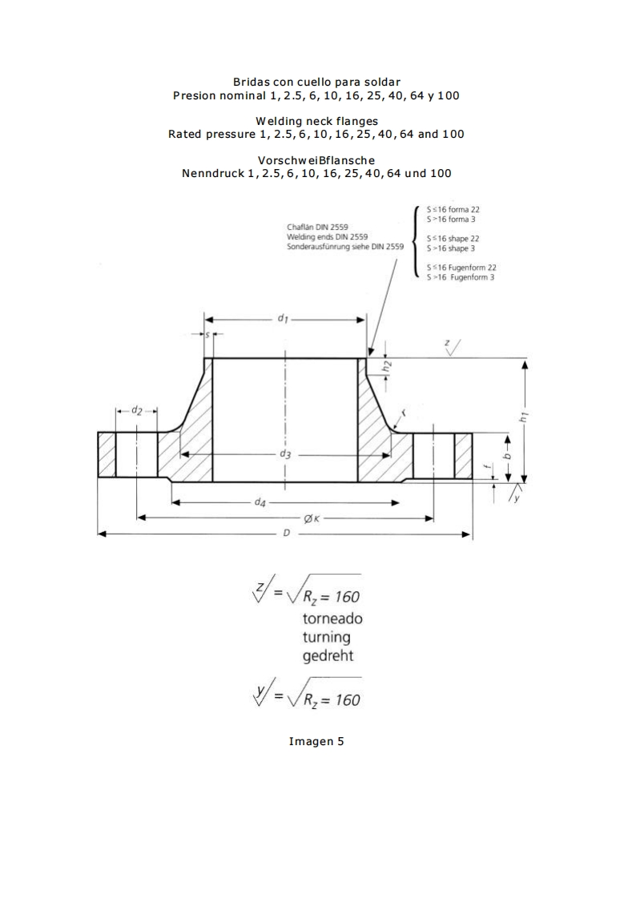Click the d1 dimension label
[x=283, y=319]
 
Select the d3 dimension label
[x=285, y=454]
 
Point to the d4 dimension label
[x=260, y=503]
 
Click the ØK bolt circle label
[x=312, y=518]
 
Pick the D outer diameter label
[x=286, y=534]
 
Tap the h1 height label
[x=524, y=417]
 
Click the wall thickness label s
[x=207, y=334]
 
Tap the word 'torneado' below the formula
[x=332, y=619]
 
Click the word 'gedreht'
[x=328, y=656]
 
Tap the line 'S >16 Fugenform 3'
[x=461, y=277]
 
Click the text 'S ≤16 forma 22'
[x=453, y=209]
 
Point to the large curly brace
[x=414, y=240]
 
